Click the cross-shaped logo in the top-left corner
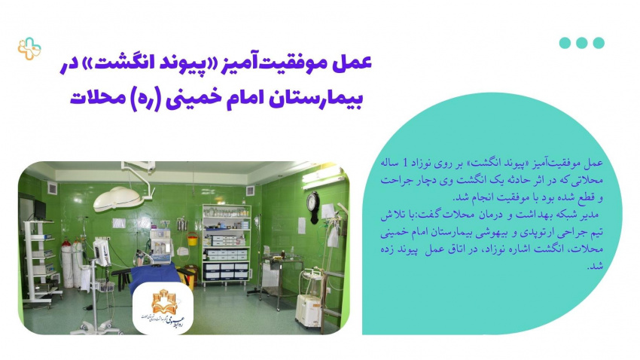tap(29, 48)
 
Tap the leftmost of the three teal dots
tap(565, 43)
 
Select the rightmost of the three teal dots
tap(599, 43)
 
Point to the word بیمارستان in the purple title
tap(315, 98)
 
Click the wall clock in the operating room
tap(313, 207)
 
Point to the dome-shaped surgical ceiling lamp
tap(118, 199)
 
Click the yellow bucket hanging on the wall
tap(192, 239)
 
